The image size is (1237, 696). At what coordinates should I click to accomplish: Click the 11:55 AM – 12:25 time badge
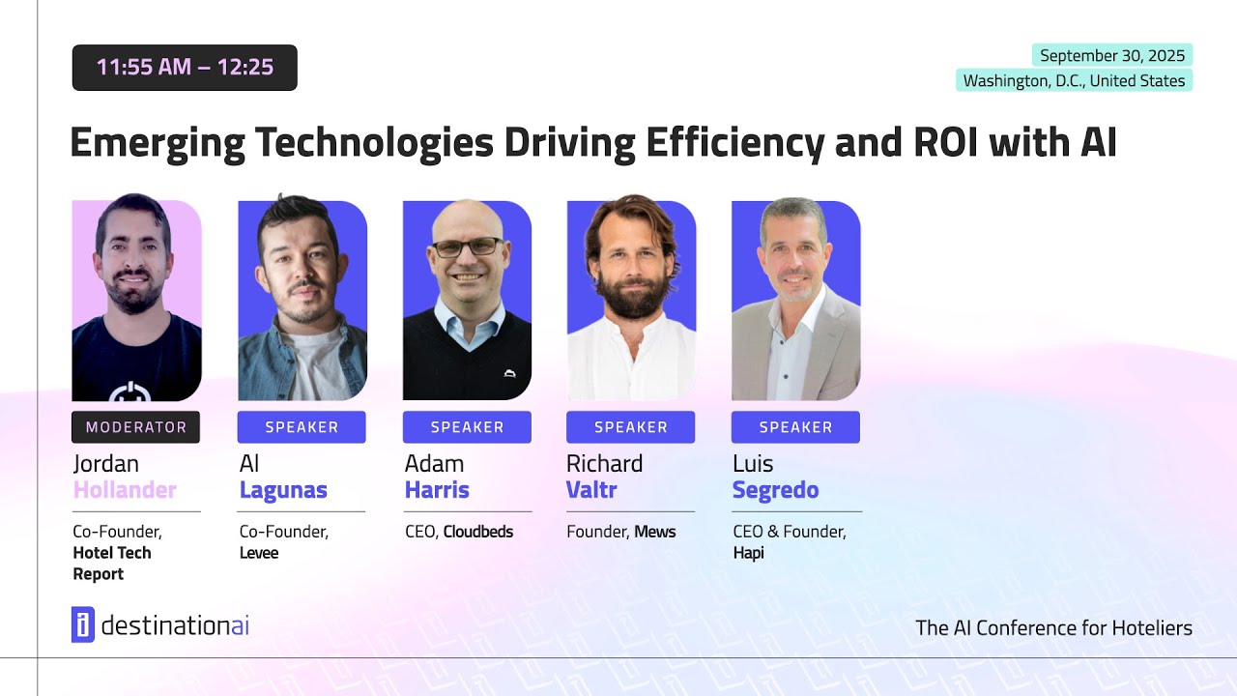tap(185, 68)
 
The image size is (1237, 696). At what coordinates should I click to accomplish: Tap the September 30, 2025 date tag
tap(1112, 55)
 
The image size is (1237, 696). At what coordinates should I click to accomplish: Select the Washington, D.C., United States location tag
tap(1074, 80)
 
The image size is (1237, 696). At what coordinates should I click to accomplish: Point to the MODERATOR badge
tap(136, 427)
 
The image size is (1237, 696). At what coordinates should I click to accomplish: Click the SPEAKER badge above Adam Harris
tap(467, 427)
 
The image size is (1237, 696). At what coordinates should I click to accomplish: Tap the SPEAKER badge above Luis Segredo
tap(795, 427)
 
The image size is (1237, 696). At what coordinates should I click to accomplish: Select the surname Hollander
tap(125, 490)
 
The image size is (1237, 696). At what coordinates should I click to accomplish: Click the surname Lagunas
tap(283, 490)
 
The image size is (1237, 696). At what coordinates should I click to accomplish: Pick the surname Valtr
tap(591, 490)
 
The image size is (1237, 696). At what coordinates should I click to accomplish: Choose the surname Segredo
tap(775, 490)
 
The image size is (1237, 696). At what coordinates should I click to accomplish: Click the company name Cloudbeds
tap(478, 532)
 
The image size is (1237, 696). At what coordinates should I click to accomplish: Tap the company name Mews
tap(655, 532)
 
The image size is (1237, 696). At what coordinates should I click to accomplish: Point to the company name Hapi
tap(748, 553)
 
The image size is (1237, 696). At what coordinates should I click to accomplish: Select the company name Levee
tap(259, 553)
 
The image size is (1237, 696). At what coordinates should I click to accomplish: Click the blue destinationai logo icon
tap(82, 624)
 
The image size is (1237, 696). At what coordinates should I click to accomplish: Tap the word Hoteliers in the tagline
tap(1149, 628)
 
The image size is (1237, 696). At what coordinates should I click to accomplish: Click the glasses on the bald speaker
tap(467, 247)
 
